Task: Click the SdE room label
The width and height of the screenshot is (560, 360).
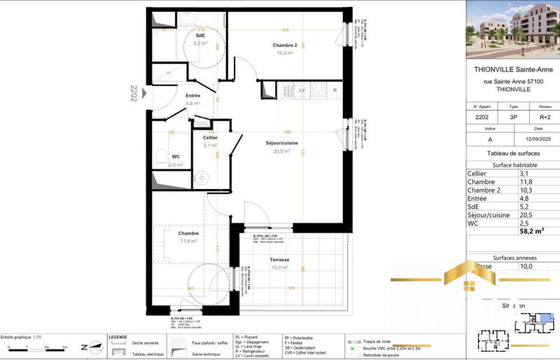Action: [x=200, y=35]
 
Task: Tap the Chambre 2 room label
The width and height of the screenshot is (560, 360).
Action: [x=286, y=46]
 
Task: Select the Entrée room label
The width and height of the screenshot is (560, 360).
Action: [x=193, y=95]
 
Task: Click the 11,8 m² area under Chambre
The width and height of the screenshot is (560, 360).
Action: [x=189, y=241]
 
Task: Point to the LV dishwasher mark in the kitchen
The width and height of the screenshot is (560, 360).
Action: [x=302, y=90]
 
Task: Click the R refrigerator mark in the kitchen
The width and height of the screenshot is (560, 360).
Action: [x=335, y=90]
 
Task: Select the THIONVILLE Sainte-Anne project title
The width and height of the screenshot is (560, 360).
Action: [x=514, y=70]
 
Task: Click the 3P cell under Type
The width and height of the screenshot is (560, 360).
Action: [x=514, y=118]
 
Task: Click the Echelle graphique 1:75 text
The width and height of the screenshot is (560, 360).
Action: [x=20, y=337]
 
